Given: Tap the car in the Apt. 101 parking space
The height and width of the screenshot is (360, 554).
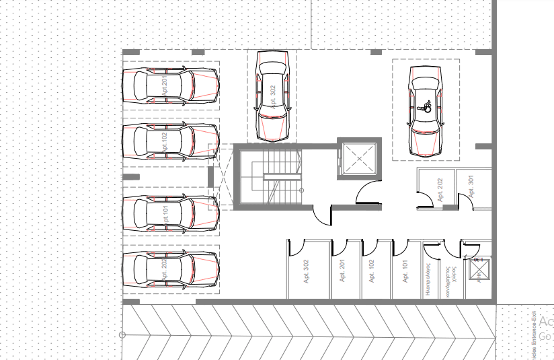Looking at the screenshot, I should [171, 213].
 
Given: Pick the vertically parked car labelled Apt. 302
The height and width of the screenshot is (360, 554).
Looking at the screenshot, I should [272, 97].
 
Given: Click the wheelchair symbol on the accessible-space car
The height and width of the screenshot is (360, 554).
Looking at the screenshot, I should [425, 106].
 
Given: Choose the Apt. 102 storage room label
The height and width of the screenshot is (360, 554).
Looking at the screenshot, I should [372, 271].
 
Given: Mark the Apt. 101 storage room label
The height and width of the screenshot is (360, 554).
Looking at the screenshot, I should [405, 271].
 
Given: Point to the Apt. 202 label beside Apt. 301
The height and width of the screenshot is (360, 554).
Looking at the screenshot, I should [440, 190].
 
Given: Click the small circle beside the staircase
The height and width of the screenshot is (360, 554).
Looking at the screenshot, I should [302, 190].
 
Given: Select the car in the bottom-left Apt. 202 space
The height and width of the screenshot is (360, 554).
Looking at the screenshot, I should [171, 271].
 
